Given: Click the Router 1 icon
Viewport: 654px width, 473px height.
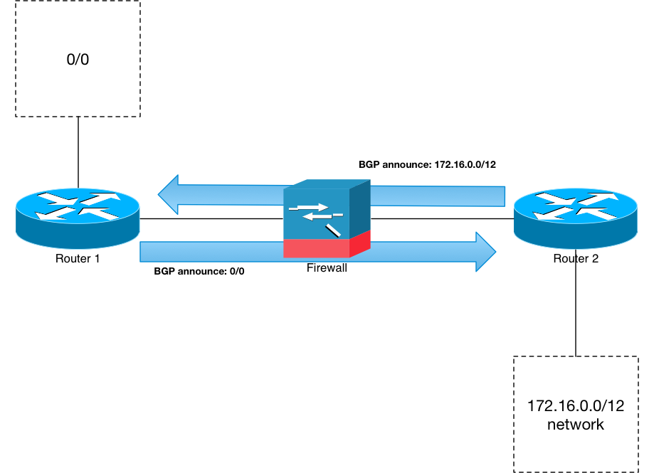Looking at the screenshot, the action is click(78, 218).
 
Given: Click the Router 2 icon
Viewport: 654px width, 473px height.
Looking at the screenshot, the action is click(576, 218).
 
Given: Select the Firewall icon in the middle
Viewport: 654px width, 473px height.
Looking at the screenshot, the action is click(327, 219).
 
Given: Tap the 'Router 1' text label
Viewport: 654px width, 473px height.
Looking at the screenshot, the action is click(78, 259).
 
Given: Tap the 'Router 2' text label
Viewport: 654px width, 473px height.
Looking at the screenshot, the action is click(576, 259).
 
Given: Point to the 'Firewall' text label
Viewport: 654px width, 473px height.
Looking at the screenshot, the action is click(327, 268).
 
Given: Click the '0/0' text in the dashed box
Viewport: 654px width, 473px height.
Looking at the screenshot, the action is click(78, 60).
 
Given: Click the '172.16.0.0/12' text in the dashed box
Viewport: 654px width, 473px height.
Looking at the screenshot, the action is click(576, 405).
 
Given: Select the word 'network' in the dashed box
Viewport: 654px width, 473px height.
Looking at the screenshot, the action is click(576, 424).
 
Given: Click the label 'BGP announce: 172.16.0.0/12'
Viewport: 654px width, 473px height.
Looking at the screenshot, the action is click(427, 164).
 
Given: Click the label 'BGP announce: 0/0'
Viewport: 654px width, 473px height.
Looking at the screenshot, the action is click(199, 271).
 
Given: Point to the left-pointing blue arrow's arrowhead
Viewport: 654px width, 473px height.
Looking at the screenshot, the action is click(168, 194).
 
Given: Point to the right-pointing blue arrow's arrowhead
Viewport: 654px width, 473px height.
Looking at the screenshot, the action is click(486, 252).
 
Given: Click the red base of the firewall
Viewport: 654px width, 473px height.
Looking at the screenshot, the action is click(327, 248).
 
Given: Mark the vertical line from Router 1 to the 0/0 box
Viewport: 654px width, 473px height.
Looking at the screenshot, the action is click(78, 152).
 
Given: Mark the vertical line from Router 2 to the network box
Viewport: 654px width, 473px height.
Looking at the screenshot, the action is click(576, 303).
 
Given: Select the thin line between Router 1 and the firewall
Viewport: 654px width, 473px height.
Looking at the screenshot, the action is click(211, 218).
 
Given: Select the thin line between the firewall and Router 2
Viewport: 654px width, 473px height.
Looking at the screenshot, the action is click(442, 218).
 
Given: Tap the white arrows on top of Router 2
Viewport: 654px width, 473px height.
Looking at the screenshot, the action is click(576, 206).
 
